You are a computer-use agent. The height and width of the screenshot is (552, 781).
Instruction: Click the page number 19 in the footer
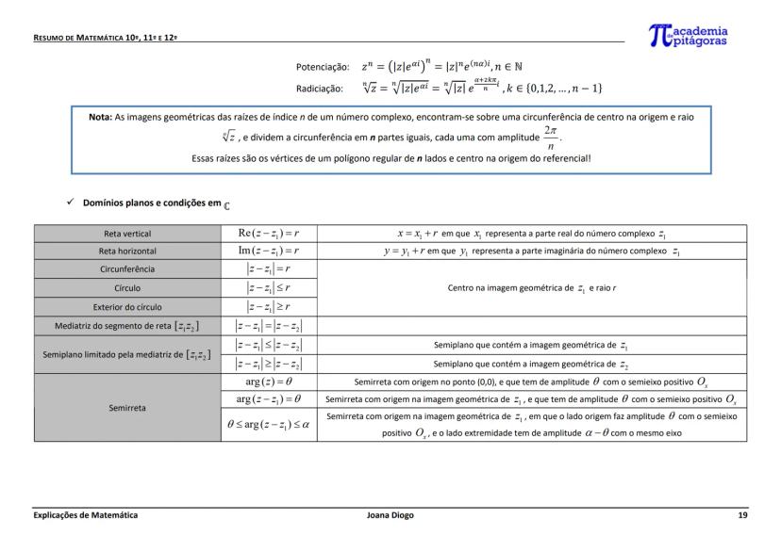[742, 515]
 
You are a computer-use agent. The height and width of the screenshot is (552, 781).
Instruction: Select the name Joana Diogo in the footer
[389, 515]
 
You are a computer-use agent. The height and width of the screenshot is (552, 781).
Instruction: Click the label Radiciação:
[319, 89]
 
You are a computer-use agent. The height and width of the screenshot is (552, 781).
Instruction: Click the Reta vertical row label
[127, 234]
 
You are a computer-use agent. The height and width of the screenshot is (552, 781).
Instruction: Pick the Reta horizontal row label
[127, 252]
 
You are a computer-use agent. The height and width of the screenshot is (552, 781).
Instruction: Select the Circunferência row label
[127, 269]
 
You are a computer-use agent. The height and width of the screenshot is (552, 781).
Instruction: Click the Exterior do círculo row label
[127, 306]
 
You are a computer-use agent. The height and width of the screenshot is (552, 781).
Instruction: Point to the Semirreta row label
[127, 409]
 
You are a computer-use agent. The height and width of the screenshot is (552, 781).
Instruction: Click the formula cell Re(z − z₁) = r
[268, 234]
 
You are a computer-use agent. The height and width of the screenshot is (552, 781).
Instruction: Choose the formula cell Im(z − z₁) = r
[268, 252]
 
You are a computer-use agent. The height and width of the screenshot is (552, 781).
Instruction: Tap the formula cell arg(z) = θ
[268, 382]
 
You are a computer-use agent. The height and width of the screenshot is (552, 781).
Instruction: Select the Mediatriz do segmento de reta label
[127, 326]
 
